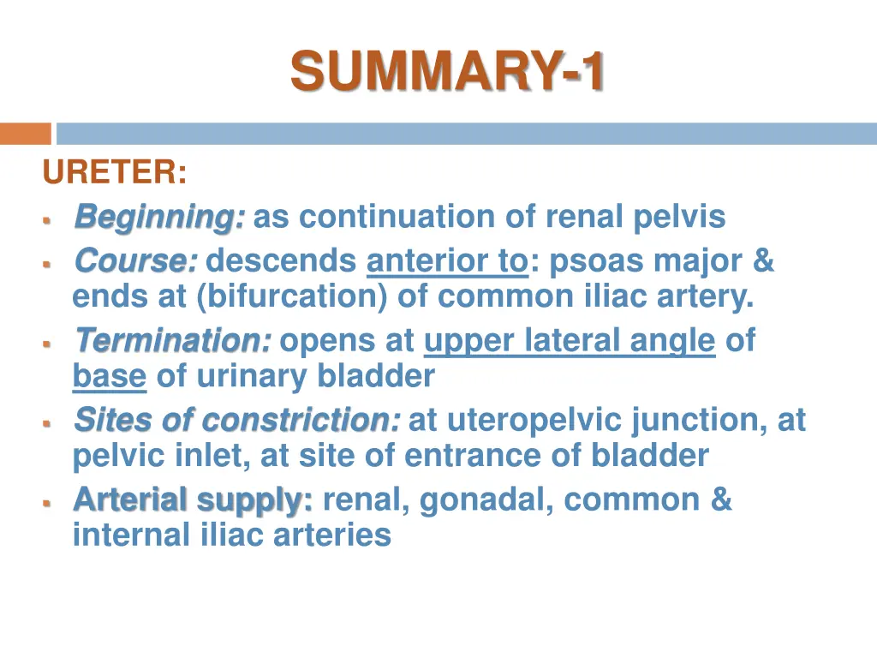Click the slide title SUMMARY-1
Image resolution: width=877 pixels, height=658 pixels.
coord(447,70)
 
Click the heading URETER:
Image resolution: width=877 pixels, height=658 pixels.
coord(115,173)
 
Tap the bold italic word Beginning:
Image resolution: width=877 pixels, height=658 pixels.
coord(159,217)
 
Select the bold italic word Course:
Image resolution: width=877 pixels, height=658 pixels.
coord(136,260)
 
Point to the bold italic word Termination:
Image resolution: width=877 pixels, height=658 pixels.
coord(173,341)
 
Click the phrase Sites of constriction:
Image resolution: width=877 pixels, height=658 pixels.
coord(236,420)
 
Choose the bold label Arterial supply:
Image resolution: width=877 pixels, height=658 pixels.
coord(193,499)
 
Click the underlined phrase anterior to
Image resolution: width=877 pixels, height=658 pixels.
coord(447,260)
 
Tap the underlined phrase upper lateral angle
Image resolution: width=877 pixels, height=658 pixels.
coord(570,341)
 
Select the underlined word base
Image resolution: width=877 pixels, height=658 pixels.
coord(109,376)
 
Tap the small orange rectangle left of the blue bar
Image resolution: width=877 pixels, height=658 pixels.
coord(26,134)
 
